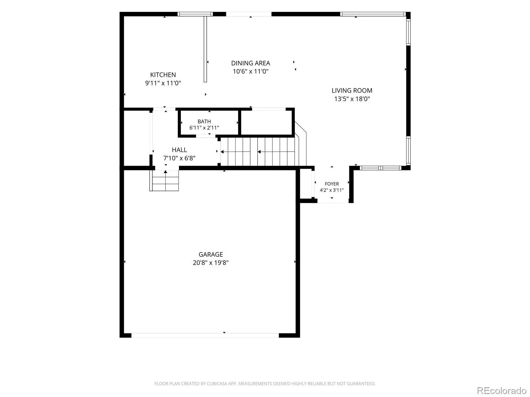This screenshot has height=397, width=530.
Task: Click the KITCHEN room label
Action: pyautogui.click(x=163, y=75)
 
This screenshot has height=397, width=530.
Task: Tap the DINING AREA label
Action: pyautogui.click(x=250, y=63)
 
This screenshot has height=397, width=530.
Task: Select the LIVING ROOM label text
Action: pyautogui.click(x=351, y=91)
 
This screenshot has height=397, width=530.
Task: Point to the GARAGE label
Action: pyautogui.click(x=211, y=254)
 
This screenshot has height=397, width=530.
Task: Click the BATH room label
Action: pyautogui.click(x=204, y=121)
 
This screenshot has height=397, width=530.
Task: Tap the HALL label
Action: pyautogui.click(x=179, y=150)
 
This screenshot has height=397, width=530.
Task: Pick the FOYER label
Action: pyautogui.click(x=332, y=184)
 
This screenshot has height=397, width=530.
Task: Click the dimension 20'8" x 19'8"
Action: pyautogui.click(x=211, y=263)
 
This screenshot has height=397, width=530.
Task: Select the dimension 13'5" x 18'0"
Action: pyautogui.click(x=352, y=99)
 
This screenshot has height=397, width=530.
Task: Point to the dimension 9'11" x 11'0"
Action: pyautogui.click(x=163, y=83)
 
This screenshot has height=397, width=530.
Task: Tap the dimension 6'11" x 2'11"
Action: pyautogui.click(x=204, y=128)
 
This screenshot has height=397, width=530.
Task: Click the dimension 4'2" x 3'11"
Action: pyautogui.click(x=332, y=190)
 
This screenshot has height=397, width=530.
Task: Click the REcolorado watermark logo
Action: pyautogui.click(x=502, y=390)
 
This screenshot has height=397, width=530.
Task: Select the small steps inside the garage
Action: pyautogui.click(x=164, y=181)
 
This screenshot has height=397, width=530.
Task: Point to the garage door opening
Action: pyautogui.click(x=205, y=335)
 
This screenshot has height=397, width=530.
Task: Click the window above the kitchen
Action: pyautogui.click(x=195, y=14)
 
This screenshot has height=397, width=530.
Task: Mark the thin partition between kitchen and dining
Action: pyautogui.click(x=205, y=49)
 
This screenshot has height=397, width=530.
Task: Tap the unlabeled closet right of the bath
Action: pyautogui.click(x=267, y=123)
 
